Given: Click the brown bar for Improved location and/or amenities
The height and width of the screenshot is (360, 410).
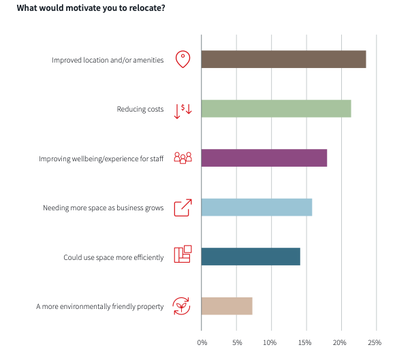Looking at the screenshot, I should click(x=284, y=59).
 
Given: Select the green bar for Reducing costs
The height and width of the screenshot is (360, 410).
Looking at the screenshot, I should click(x=277, y=109).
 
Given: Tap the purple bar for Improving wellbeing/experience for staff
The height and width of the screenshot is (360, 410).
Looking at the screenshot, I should click(x=264, y=158).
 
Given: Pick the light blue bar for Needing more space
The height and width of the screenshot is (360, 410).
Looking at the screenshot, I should click(x=257, y=208).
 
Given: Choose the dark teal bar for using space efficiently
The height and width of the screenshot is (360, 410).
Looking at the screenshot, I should click(x=251, y=257).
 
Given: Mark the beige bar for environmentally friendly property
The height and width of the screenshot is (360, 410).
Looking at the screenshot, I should click(x=227, y=306).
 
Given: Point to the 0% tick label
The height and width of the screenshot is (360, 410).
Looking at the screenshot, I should click(x=202, y=342).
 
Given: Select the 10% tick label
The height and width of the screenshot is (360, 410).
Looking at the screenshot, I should click(x=270, y=342).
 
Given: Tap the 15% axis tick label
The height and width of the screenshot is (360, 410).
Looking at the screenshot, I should click(x=305, y=342).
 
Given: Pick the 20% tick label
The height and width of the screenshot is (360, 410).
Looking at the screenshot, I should click(x=340, y=342).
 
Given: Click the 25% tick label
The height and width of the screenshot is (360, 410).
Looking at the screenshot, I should click(x=375, y=342).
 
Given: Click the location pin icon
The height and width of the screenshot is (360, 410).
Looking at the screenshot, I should click(x=183, y=59).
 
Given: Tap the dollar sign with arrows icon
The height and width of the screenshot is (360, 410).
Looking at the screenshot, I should click(x=183, y=110).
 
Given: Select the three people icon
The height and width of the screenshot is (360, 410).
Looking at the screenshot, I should click(x=183, y=158).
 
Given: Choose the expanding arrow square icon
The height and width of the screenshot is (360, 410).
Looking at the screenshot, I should click(x=183, y=208).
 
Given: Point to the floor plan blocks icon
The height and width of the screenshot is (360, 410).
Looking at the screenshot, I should click(x=183, y=255).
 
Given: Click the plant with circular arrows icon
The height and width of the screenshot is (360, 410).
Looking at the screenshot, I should click(x=181, y=306).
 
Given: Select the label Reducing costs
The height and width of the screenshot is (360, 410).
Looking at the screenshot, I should click(x=140, y=110).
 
